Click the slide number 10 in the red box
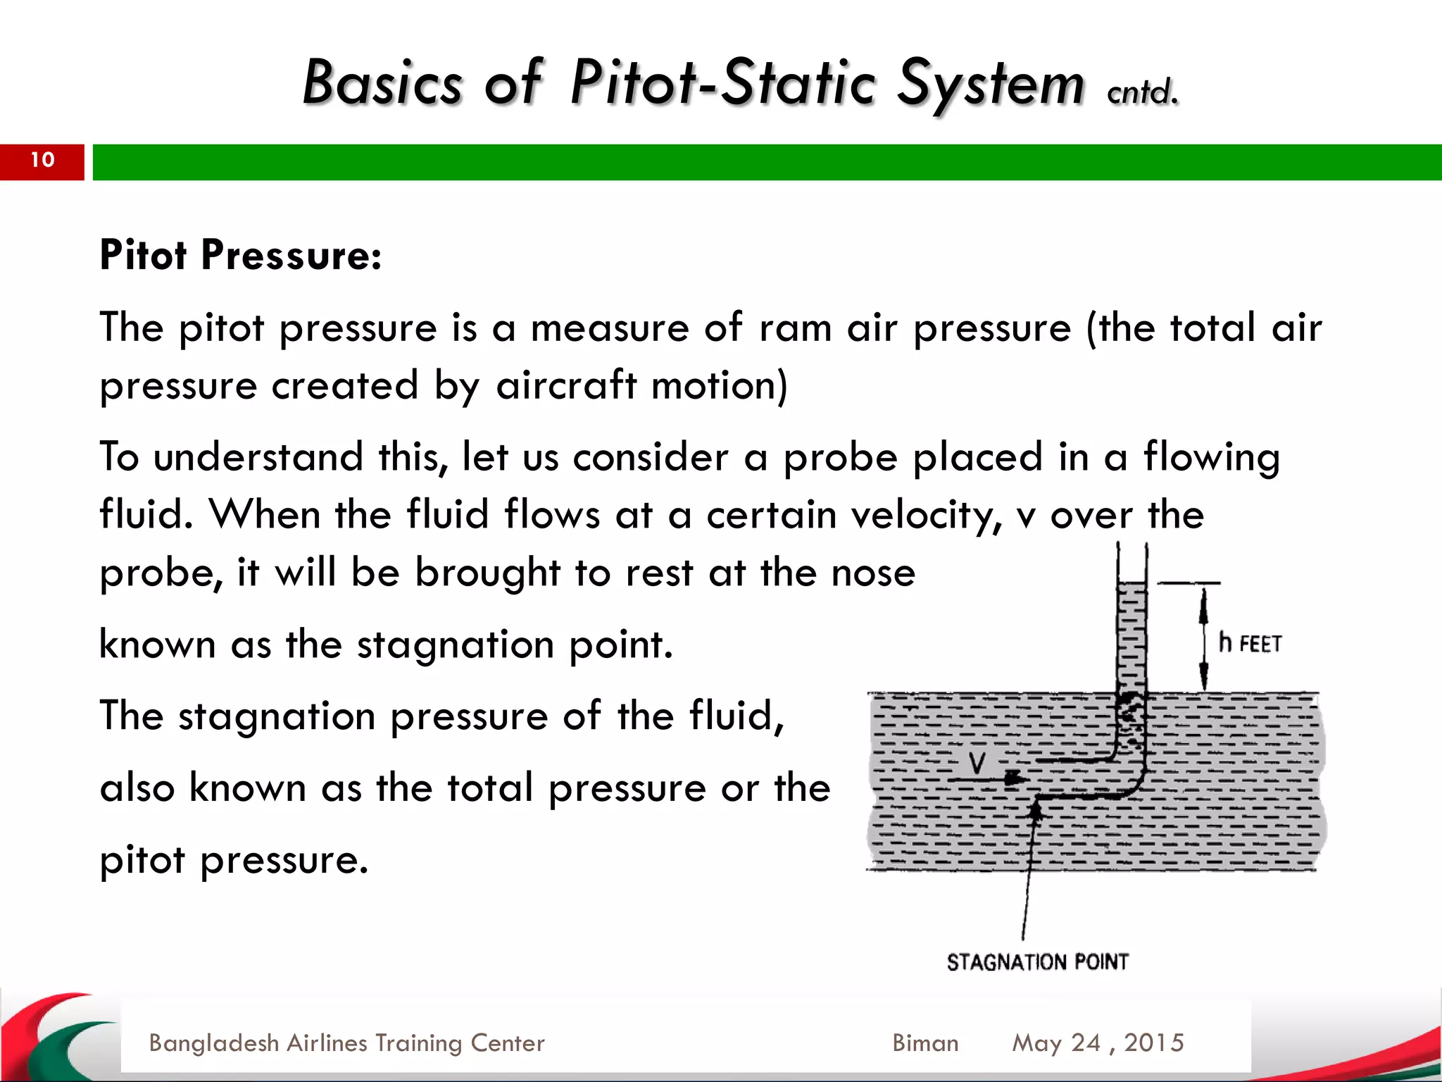42,160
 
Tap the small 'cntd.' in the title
1142,92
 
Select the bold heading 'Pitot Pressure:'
240,255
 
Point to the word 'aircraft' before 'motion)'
566,386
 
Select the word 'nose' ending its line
873,572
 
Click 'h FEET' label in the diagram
1250,643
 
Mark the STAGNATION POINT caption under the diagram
1037,962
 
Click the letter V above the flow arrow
977,762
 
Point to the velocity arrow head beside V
1014,778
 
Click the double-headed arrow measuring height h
1203,638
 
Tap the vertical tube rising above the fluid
1132,620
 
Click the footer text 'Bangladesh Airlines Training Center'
346,1043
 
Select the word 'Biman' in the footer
925,1043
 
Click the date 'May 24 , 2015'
1098,1043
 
